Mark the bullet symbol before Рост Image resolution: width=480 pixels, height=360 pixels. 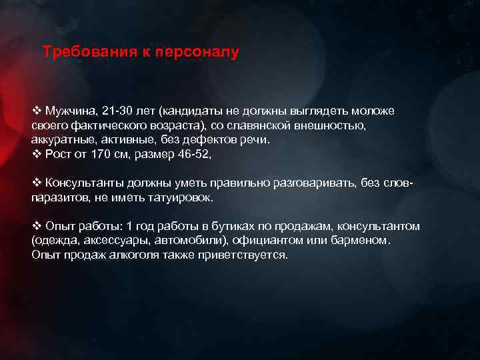[37, 154]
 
